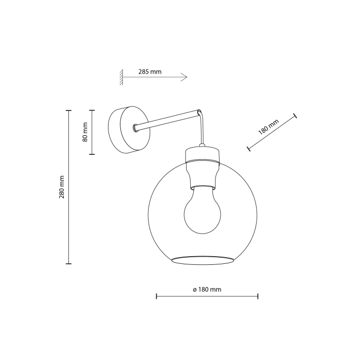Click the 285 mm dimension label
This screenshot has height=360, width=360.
(x=150, y=72)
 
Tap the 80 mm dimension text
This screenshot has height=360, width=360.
(x=85, y=132)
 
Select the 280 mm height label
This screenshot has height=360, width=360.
(x=62, y=187)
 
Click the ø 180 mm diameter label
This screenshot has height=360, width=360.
(x=207, y=290)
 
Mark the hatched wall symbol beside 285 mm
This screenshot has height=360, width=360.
(x=122, y=77)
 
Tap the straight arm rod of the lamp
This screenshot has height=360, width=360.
(x=167, y=119)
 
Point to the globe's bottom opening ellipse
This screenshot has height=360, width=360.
(x=202, y=258)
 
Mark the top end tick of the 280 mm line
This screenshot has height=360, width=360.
(x=68, y=110)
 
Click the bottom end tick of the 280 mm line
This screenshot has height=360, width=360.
(x=68, y=264)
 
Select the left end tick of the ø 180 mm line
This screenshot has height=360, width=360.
(x=156, y=296)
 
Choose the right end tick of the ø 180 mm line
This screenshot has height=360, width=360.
(x=258, y=296)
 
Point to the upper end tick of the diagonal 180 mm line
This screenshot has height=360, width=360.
(x=295, y=116)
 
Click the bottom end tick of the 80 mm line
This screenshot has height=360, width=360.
(x=92, y=154)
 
